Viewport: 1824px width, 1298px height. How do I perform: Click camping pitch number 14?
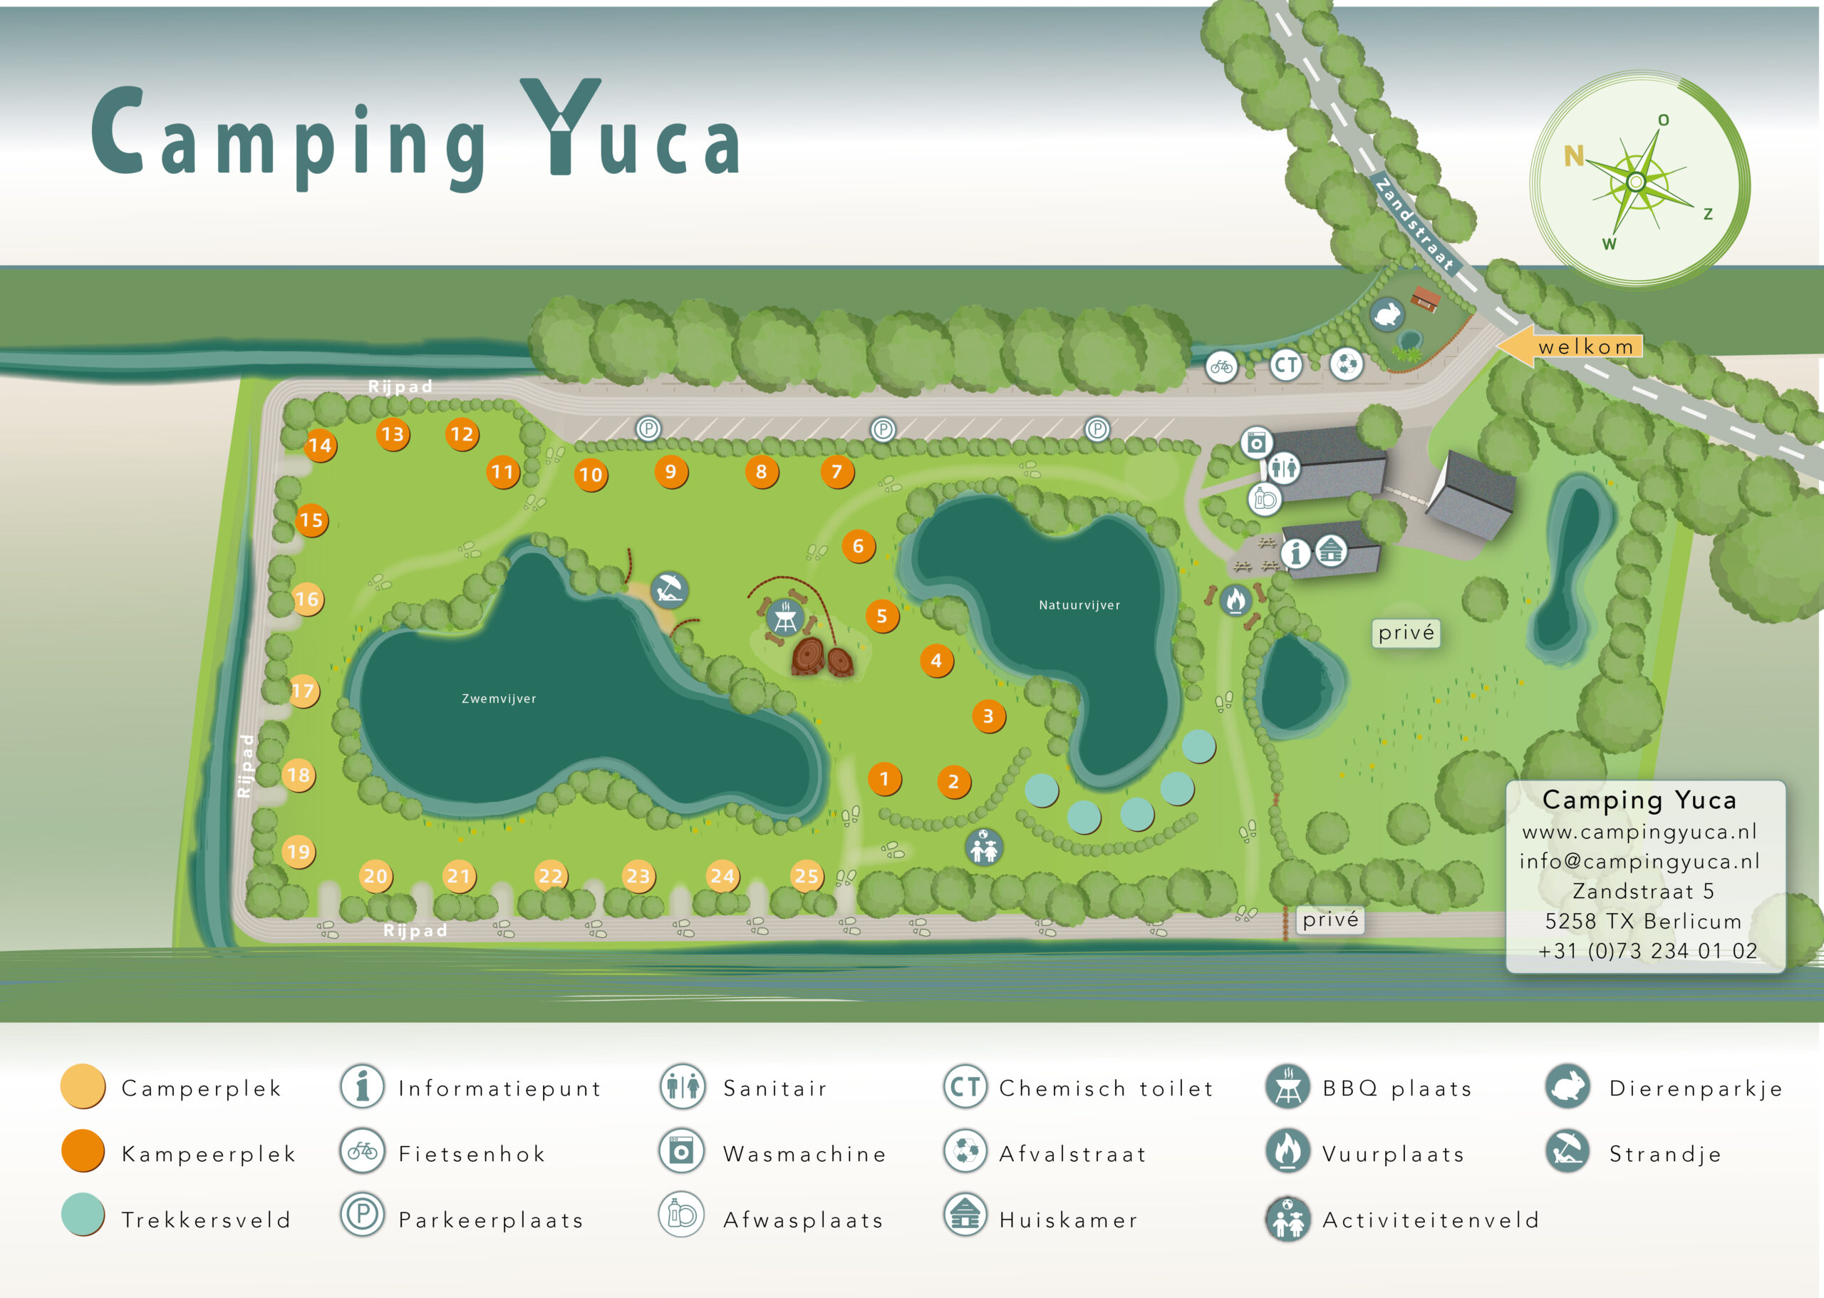(320, 445)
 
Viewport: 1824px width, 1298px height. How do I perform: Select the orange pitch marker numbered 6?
(858, 546)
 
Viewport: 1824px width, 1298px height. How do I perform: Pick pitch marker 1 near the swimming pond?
(883, 778)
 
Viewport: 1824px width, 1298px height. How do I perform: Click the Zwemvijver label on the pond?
(499, 699)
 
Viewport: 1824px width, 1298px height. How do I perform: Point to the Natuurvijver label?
(1079, 605)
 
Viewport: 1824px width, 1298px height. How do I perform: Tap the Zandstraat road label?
(1414, 224)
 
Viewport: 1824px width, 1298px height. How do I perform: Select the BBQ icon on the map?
(784, 617)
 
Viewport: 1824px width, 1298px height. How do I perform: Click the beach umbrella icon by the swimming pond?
(669, 591)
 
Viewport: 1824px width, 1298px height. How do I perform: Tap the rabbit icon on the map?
(1388, 314)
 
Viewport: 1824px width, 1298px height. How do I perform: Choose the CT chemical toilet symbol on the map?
(1285, 365)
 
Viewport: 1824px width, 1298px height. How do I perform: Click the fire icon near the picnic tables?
(1235, 599)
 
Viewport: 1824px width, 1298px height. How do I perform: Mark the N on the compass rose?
(1573, 156)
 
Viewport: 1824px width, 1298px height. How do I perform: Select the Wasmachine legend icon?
(681, 1151)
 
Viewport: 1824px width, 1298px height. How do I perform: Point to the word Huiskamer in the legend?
(1068, 1220)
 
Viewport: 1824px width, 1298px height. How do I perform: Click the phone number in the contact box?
(1647, 950)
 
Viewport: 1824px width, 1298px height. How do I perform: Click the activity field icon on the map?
(983, 846)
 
